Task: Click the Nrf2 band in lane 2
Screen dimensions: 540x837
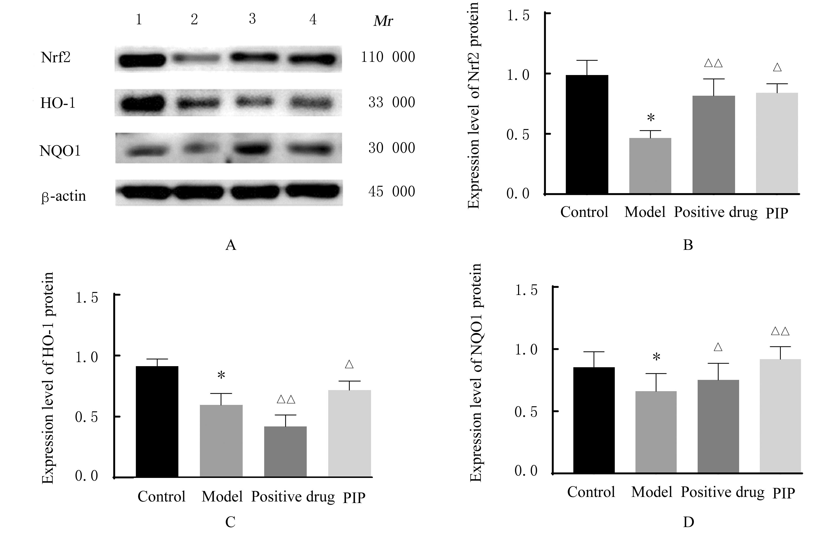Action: point(196,59)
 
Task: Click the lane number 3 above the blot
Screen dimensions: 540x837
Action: point(252,19)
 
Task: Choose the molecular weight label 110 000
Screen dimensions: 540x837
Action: point(388,57)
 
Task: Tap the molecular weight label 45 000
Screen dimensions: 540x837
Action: point(391,192)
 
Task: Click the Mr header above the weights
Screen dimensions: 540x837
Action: point(383,21)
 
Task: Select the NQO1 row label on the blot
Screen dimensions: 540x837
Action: point(60,151)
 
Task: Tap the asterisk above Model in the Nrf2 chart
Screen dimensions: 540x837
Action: point(651,118)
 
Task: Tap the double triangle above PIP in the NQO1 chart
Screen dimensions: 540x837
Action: point(780,331)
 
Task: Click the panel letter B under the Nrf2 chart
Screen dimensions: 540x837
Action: point(688,245)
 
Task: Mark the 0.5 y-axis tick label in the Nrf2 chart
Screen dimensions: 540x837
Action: point(518,135)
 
